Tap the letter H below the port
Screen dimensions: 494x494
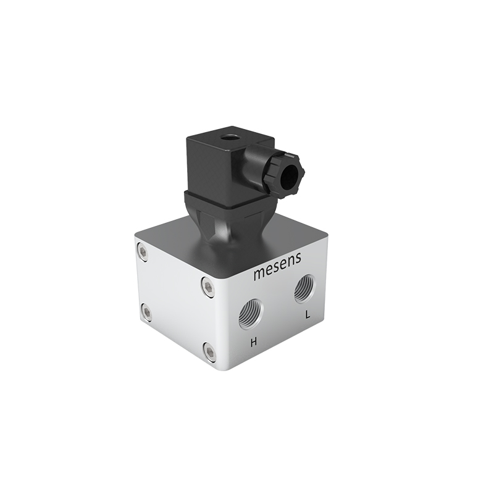253,341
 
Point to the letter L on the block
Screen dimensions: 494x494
307,315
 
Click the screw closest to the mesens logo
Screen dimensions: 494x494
208,285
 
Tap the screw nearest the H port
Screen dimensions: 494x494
210,352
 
